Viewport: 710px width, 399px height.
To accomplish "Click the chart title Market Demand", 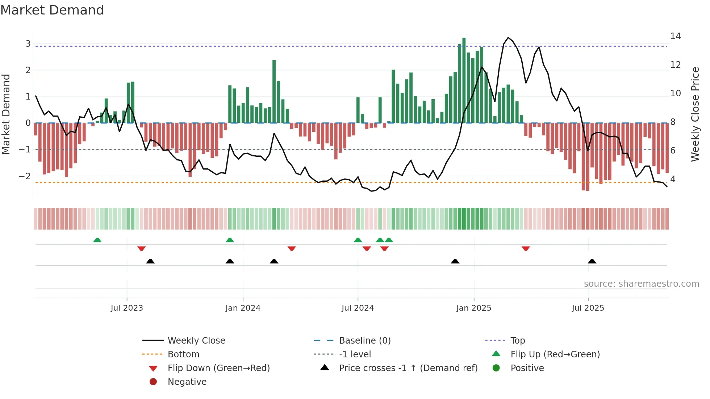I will [x=52, y=10].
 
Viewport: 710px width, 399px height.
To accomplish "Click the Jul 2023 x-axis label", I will [x=127, y=308].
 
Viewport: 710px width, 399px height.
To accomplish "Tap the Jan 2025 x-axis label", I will [x=473, y=308].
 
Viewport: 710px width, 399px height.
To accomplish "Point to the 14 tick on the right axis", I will [x=675, y=36].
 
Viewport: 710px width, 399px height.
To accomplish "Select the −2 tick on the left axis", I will [x=25, y=176].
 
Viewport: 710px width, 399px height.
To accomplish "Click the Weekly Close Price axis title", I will [x=695, y=114].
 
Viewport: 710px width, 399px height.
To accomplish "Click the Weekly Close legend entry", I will [x=196, y=341].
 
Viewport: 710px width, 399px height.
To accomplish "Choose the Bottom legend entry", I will [x=183, y=354].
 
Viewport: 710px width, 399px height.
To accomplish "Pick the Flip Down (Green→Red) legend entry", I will [x=218, y=368].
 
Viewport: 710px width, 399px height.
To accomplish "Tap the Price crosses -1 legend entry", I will [x=408, y=368].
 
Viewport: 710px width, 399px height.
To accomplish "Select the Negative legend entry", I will [x=187, y=382].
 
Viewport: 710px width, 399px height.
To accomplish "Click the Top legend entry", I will [x=517, y=341].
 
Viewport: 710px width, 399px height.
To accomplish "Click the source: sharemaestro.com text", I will [x=641, y=284].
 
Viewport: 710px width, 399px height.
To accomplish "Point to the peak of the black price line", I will [x=508, y=38].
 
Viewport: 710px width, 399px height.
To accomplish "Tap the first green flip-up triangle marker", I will [x=97, y=240].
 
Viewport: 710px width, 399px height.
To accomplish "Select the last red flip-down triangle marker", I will [x=526, y=248].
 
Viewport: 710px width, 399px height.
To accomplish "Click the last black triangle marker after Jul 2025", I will [x=592, y=261].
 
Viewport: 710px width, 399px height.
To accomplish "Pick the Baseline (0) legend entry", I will [x=364, y=341].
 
